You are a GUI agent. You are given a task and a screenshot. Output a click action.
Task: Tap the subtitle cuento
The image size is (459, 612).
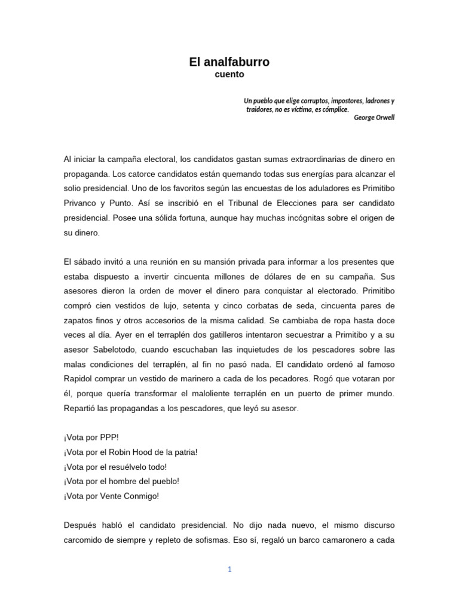[229, 74]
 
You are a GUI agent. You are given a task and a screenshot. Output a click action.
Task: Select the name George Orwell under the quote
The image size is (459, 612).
[374, 118]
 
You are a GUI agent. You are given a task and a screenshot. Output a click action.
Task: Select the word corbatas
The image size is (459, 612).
[232, 306]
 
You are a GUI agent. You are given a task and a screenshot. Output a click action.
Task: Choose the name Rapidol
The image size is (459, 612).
[81, 379]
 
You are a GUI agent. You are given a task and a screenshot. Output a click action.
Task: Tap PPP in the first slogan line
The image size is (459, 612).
[110, 437]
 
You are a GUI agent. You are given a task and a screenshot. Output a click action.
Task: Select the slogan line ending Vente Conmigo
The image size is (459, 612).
[111, 496]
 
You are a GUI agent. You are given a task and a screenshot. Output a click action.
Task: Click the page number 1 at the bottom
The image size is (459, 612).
[229, 570]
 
